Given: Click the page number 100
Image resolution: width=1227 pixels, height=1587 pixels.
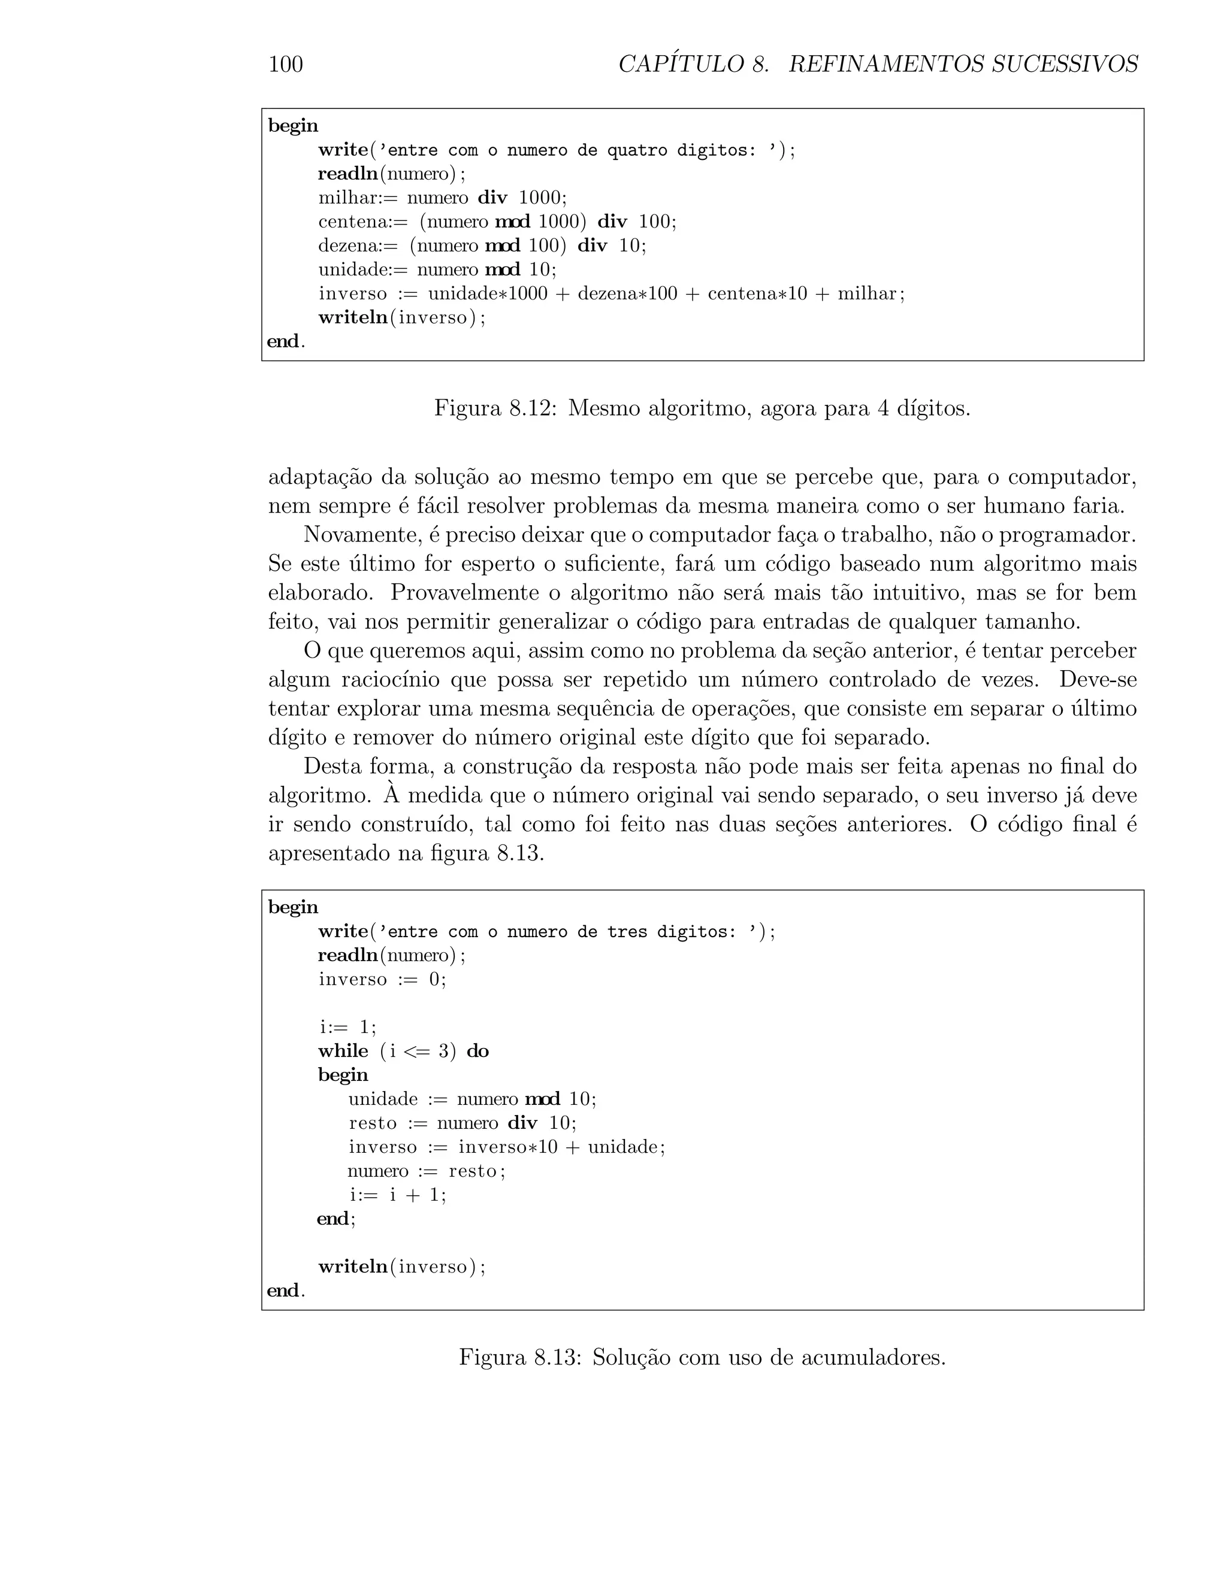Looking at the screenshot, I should click(286, 65).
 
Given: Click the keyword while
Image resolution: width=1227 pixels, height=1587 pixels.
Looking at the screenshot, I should click(343, 1051).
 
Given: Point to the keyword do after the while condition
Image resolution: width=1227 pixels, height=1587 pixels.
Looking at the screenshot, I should click(477, 1051).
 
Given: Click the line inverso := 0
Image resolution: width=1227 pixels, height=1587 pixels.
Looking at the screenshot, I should click(382, 980).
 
